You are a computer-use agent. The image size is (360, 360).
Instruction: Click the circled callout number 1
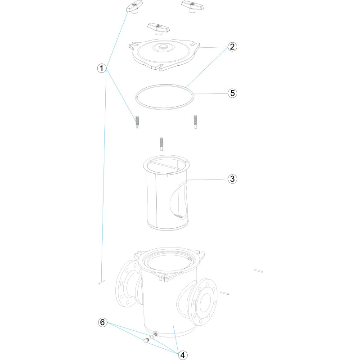(102, 68)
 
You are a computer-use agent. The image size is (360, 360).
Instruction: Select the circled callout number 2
(232, 47)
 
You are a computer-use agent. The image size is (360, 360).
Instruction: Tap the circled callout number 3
(232, 179)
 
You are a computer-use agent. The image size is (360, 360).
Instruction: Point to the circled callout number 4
(183, 355)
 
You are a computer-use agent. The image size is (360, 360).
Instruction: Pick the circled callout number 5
(232, 93)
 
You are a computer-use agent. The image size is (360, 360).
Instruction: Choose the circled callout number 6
(103, 322)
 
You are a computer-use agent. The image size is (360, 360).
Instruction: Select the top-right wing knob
(193, 6)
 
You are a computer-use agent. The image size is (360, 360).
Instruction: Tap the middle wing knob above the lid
(158, 29)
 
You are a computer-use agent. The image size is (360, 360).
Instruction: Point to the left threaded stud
(137, 122)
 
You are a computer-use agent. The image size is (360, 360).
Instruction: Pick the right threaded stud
(195, 121)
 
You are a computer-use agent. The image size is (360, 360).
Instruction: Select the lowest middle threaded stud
(162, 144)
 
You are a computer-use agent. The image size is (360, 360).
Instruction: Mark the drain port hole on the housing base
(156, 333)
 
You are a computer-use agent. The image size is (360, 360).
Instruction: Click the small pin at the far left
(102, 282)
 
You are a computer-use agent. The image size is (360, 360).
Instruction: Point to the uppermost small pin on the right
(258, 271)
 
